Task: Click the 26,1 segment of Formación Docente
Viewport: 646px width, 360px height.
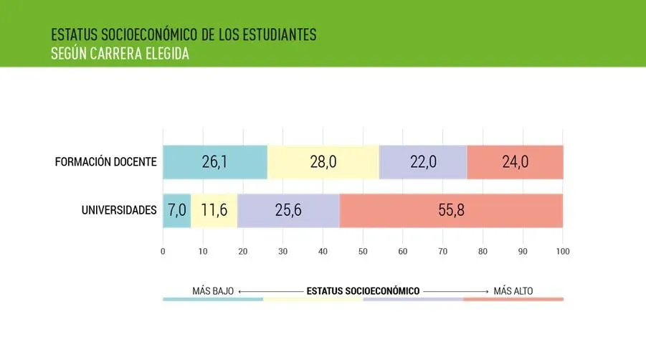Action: coord(214,162)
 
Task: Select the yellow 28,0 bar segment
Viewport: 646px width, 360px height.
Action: coord(323,162)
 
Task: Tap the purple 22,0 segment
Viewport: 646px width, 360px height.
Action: coord(423,162)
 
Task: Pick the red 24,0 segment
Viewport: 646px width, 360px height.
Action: coord(515,162)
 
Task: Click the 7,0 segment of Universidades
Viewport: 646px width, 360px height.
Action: coord(177,211)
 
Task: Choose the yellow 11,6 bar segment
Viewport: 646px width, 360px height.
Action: coord(214,211)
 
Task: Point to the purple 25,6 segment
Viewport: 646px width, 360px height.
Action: coord(288,211)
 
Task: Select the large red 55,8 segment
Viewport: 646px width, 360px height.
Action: coord(451,211)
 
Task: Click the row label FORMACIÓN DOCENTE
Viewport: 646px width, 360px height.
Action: coord(105,161)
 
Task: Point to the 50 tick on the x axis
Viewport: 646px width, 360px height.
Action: coord(363,251)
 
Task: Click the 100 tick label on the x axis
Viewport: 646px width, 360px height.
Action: coord(563,251)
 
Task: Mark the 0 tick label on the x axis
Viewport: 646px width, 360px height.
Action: coord(163,251)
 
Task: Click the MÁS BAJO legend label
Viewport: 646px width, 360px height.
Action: coord(213,291)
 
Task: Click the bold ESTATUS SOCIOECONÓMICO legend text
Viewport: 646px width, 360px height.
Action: coord(363,291)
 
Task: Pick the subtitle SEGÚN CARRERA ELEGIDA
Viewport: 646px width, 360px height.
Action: coord(120,54)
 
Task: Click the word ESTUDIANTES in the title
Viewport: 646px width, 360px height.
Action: coord(276,34)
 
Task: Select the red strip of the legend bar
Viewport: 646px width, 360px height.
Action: coord(513,299)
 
